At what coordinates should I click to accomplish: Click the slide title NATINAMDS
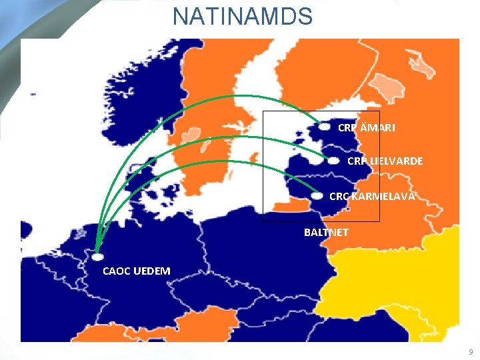pos(242,16)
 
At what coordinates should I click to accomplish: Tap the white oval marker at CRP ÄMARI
pos(324,126)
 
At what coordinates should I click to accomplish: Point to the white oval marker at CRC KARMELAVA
pos(318,196)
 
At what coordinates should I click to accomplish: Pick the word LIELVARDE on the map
pos(396,161)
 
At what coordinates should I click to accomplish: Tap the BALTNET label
pos(326,233)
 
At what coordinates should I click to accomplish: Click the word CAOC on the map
pos(117,271)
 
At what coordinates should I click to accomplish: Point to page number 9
pos(470,351)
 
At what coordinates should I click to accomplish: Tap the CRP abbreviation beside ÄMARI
pos(347,127)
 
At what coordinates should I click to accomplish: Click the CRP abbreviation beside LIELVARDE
pos(356,161)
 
